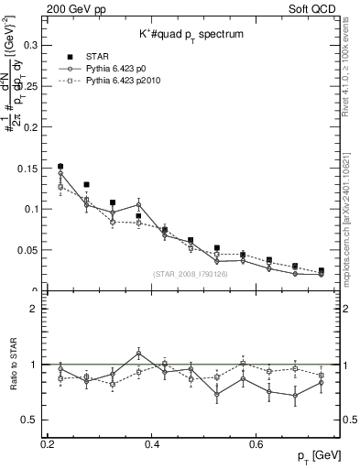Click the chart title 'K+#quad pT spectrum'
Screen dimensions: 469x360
pos(191,34)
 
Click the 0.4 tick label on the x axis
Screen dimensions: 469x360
pos(153,444)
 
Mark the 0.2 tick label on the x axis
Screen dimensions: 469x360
pos(49,444)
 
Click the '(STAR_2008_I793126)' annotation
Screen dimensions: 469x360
pos(190,274)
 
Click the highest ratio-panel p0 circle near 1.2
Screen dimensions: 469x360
pos(138,353)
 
